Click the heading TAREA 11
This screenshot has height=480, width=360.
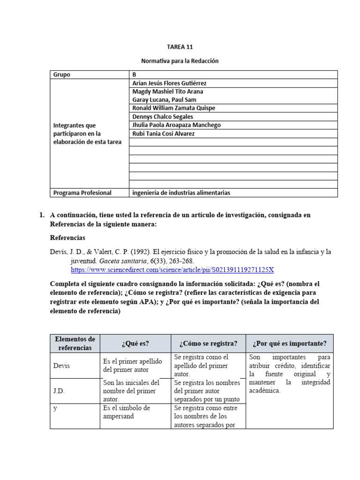point(180,47)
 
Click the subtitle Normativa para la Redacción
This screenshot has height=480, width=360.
point(180,61)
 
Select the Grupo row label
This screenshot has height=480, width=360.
point(62,75)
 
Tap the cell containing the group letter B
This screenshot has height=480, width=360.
point(135,75)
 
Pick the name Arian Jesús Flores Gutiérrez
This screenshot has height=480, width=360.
point(169,83)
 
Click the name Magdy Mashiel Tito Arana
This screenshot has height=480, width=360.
point(168,91)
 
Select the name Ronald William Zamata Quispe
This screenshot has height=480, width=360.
point(173,108)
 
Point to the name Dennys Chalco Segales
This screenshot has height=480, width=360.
point(163,117)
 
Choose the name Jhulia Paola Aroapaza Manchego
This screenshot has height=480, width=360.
point(176,125)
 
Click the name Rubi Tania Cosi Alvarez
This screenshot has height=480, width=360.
point(163,134)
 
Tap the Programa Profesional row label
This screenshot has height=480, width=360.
point(82,193)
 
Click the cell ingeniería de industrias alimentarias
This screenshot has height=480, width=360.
point(181,193)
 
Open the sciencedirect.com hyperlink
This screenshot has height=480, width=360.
point(172,270)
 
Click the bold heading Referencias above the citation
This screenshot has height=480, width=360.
point(67,238)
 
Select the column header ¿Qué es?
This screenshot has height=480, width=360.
point(135,343)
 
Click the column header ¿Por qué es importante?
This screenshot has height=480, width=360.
point(289,343)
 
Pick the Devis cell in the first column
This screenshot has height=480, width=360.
point(61,365)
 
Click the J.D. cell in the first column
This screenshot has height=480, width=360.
point(59,390)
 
